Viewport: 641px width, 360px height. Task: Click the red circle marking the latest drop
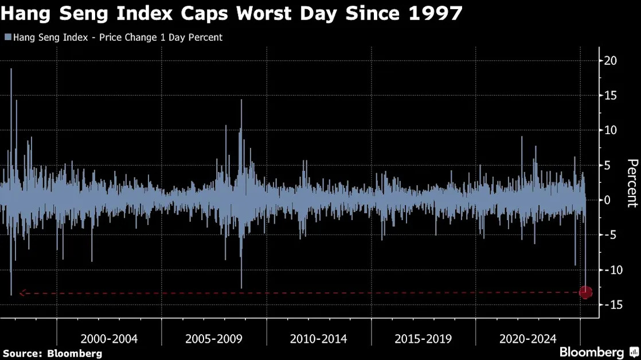[x=585, y=292]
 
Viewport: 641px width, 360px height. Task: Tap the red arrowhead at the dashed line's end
[x=22, y=293]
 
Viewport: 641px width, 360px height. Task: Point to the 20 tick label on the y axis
[x=611, y=60]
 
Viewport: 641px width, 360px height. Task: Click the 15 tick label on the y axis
[x=611, y=96]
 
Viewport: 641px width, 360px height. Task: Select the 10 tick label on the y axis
[x=611, y=130]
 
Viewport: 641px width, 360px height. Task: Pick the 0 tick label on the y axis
[x=607, y=200]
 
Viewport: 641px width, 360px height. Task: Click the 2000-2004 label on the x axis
[x=109, y=339]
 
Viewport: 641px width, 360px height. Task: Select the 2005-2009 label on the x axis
[x=214, y=339]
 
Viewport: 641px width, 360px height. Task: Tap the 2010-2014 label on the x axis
[x=318, y=339]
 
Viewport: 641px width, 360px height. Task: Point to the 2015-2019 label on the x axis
[x=423, y=339]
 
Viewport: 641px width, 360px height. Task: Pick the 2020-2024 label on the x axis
[x=527, y=339]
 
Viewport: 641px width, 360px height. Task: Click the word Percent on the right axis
[x=632, y=183]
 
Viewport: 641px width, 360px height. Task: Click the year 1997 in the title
[x=435, y=14]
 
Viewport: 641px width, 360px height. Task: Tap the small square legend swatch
[x=8, y=37]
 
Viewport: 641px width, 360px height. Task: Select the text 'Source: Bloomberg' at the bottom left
[x=52, y=354]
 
